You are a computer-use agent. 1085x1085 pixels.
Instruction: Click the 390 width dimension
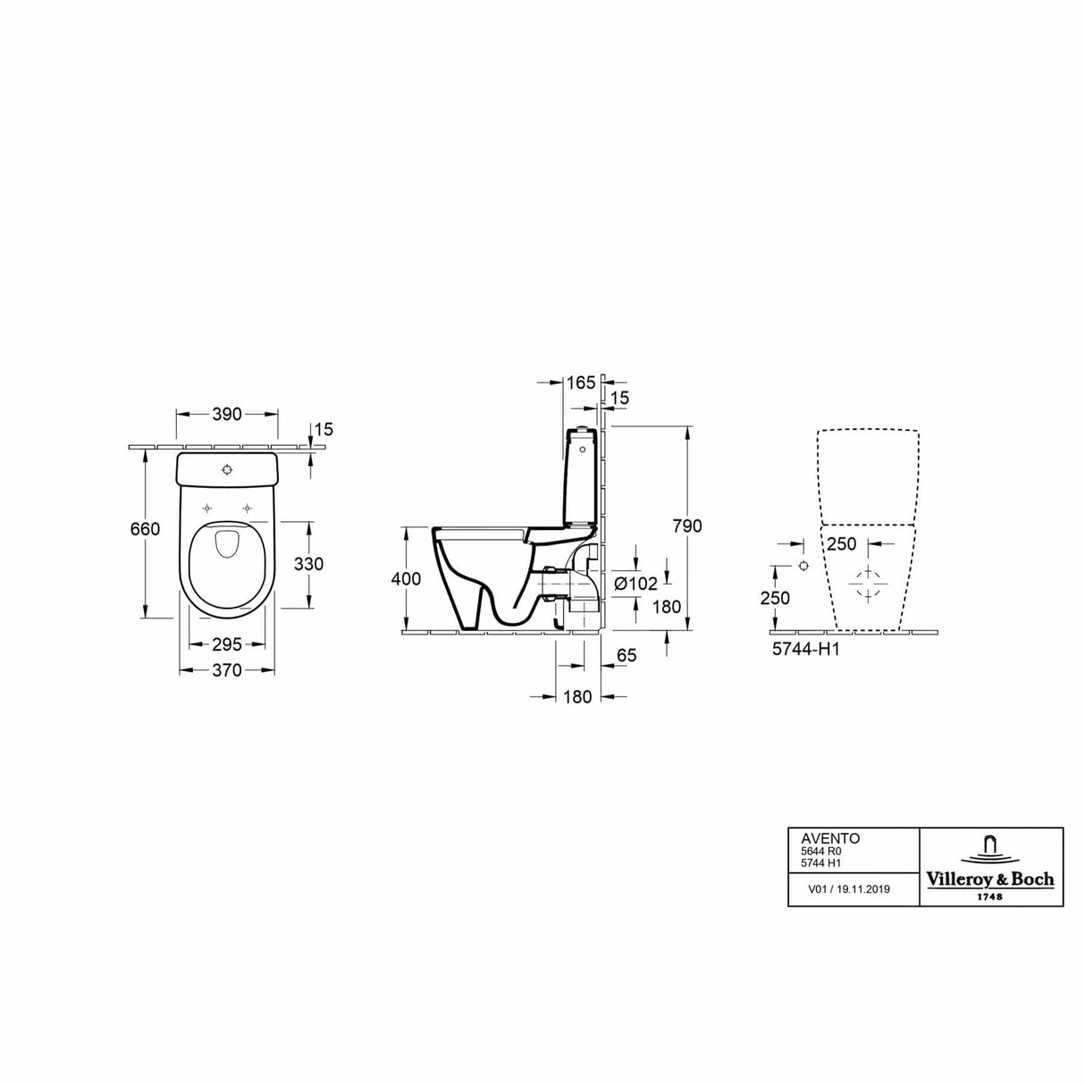(227, 414)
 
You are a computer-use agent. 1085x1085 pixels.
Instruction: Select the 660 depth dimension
(144, 529)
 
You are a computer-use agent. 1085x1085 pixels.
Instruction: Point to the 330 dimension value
(308, 564)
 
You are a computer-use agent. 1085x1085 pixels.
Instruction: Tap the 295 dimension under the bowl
(227, 644)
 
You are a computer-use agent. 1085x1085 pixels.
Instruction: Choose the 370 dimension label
(227, 669)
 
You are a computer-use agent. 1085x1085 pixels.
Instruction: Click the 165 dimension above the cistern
(580, 383)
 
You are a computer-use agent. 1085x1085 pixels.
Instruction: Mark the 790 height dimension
(687, 526)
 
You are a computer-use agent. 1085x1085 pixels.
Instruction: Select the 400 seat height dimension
(406, 579)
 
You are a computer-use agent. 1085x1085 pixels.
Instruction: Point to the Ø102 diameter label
(636, 584)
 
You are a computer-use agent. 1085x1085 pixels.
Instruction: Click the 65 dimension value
(627, 656)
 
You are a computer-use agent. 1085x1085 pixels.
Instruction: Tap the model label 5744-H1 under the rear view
(805, 651)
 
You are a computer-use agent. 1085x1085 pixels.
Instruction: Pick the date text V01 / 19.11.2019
(849, 889)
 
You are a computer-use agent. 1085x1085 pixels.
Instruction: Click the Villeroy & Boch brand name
(989, 879)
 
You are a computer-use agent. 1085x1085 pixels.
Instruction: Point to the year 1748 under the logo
(989, 896)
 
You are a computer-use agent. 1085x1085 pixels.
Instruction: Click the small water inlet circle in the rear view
(803, 567)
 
